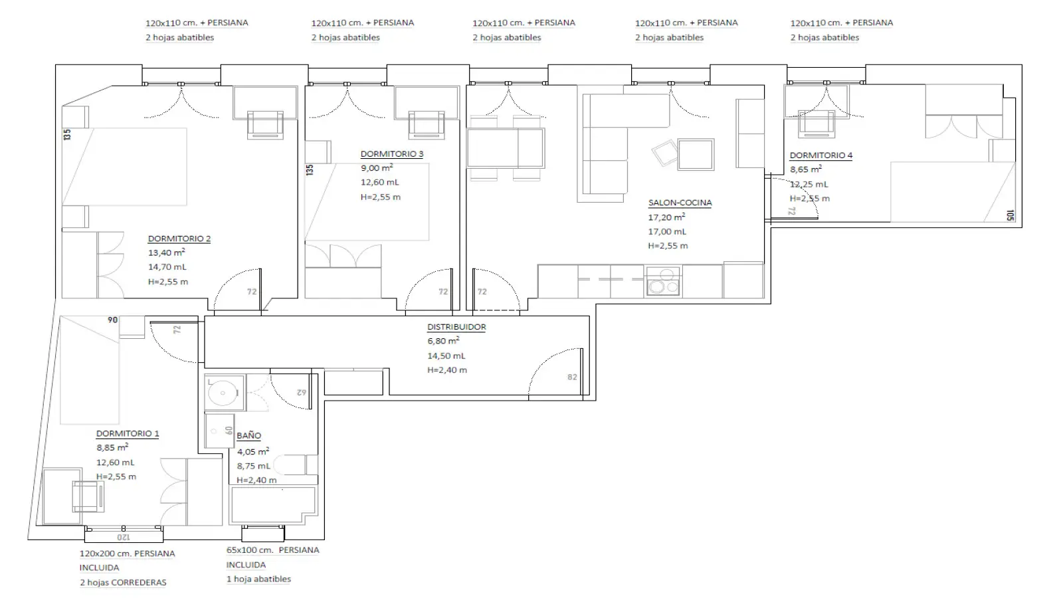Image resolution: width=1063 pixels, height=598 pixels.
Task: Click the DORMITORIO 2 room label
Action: [179, 239]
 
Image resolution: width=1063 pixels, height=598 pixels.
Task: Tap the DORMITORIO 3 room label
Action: [391, 153]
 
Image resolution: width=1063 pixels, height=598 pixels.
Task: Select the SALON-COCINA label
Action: [680, 203]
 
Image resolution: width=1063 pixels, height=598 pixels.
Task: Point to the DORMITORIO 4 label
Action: [821, 155]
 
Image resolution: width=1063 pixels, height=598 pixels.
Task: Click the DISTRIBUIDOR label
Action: [456, 327]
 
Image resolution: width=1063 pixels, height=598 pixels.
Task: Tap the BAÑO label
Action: [248, 435]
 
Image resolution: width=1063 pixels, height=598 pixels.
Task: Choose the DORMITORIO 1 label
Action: [127, 433]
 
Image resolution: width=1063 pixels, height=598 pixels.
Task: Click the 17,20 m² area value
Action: [666, 217]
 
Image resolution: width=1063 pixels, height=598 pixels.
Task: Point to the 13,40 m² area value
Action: [166, 252]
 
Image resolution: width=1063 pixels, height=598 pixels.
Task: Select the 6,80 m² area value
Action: [442, 341]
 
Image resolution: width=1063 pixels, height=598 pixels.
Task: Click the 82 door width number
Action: [572, 377]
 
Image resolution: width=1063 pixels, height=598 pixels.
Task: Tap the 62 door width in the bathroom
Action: [302, 393]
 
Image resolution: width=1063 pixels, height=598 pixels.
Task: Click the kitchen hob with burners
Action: [663, 281]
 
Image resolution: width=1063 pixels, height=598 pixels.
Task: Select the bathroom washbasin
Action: [224, 393]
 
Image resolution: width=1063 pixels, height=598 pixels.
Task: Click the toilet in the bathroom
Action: [295, 464]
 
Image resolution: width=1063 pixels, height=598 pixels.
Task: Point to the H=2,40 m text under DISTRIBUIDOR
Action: [446, 369]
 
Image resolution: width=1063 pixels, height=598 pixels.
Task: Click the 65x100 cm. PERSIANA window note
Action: [272, 550]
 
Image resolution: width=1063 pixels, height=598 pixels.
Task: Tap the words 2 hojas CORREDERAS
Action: [123, 582]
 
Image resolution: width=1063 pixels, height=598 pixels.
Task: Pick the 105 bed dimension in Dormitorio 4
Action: [1010, 215]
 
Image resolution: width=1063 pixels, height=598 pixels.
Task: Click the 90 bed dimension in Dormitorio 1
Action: [112, 320]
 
